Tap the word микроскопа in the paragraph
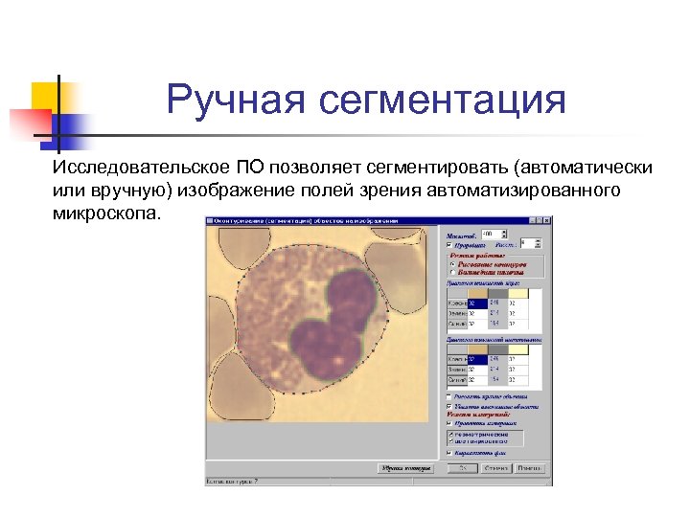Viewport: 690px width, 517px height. click(x=108, y=212)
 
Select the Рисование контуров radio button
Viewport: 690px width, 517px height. click(x=452, y=263)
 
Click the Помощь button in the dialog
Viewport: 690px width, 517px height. click(x=528, y=468)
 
